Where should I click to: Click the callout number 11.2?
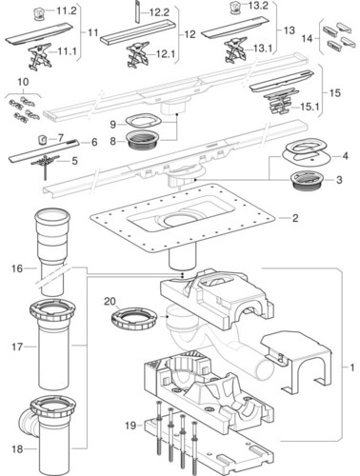[x=67, y=10]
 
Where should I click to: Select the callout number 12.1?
[x=166, y=54]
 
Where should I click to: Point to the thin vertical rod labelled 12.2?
[x=137, y=11]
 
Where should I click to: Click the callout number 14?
[x=307, y=39]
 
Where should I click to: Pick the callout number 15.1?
[x=310, y=107]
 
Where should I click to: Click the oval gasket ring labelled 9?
[x=144, y=121]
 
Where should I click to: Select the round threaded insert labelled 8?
[x=142, y=141]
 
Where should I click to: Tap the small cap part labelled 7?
[x=43, y=139]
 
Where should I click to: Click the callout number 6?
[x=94, y=142]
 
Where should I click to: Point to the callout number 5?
[x=74, y=161]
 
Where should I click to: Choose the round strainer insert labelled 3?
[x=308, y=181]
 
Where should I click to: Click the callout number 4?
[x=345, y=156]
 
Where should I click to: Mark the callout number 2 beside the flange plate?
[x=295, y=218]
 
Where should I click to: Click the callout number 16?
[x=17, y=268]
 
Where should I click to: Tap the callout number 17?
[x=17, y=347]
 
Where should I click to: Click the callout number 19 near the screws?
[x=130, y=426]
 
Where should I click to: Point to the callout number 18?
[x=17, y=449]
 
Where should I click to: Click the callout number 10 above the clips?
[x=23, y=82]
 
